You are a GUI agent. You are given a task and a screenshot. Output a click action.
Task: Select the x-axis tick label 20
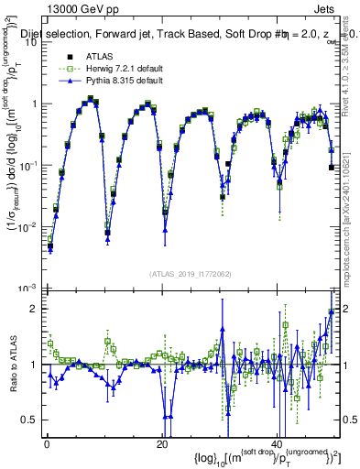161,444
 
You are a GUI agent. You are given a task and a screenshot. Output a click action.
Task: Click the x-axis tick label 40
276,444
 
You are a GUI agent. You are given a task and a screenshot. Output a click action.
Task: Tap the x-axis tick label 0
47,444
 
